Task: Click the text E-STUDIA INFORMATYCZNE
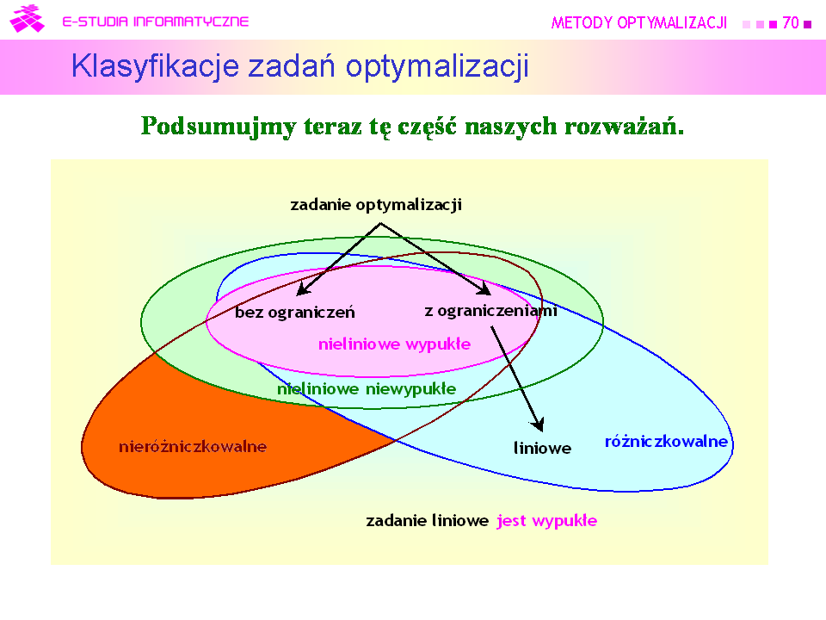pos(156,22)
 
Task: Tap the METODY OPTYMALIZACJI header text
pos(639,23)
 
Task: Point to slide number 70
pos(791,22)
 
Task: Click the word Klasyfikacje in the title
pos(156,66)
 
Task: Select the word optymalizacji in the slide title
pos(437,66)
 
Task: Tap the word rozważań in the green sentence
pos(625,126)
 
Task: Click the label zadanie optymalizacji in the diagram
pos(376,205)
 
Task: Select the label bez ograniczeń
pos(295,312)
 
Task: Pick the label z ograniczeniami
pos(491,311)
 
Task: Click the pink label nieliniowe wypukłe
pos(395,344)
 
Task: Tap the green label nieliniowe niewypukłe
pos(367,389)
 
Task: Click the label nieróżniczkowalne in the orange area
pos(193,447)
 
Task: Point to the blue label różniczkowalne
pos(666,441)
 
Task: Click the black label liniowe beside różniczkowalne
pos(543,448)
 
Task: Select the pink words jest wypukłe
pos(547,521)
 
